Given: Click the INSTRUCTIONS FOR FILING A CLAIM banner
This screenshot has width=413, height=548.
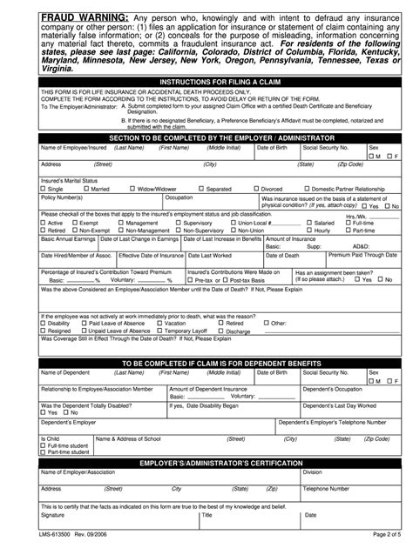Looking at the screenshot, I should tap(206, 83).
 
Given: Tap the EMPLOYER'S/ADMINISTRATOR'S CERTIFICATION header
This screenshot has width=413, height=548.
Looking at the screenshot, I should tap(206, 462).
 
